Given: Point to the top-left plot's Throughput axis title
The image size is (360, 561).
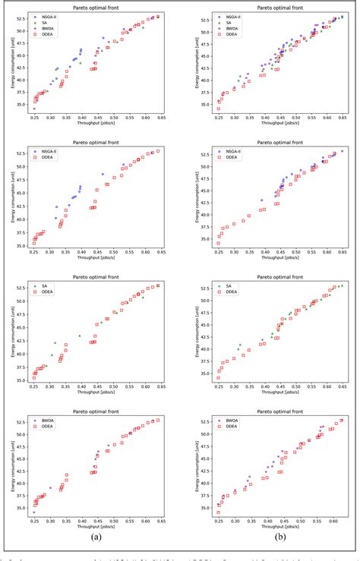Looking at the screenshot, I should pyautogui.click(x=96, y=124).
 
